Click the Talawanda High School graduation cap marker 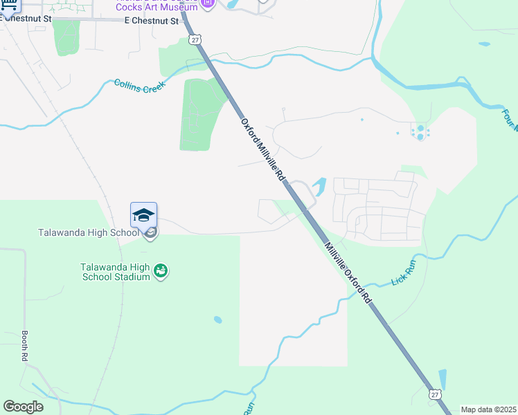click(143, 215)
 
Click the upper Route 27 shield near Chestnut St click(195, 40)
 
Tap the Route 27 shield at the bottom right click(434, 394)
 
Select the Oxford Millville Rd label click(263, 149)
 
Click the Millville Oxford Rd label click(349, 270)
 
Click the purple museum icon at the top click(206, 4)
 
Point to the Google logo click(23, 407)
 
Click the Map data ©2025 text click(488, 409)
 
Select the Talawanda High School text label click(89, 232)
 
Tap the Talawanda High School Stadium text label click(115, 272)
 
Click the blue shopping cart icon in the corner click(10, 4)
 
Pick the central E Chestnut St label click(151, 21)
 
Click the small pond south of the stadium click(218, 320)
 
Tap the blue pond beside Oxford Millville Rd click(319, 185)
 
